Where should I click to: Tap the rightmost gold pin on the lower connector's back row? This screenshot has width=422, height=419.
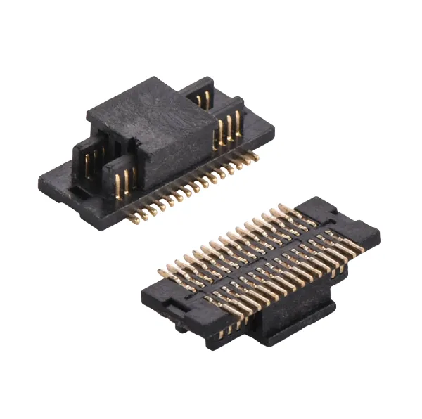(283, 209)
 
